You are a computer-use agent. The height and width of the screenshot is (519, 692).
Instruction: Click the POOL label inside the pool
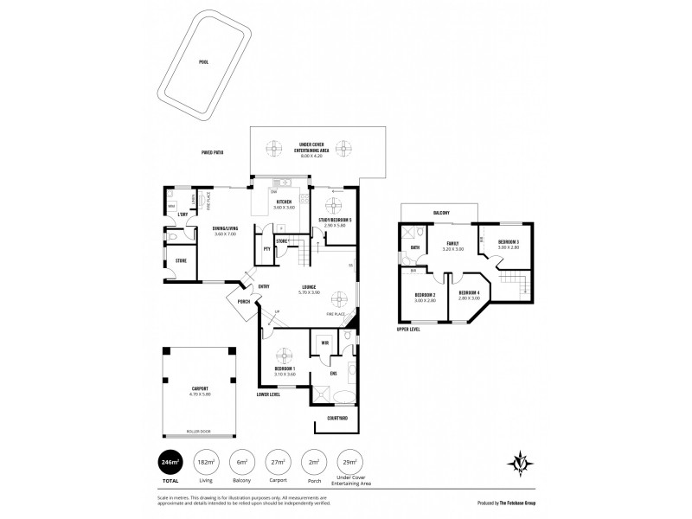[203, 62]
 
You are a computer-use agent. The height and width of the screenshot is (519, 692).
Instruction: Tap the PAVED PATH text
[212, 152]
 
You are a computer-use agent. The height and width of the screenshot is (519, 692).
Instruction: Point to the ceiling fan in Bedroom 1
[284, 354]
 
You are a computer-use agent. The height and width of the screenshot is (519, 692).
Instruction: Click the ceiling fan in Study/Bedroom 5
[333, 208]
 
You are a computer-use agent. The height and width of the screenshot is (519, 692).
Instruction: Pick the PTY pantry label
[267, 249]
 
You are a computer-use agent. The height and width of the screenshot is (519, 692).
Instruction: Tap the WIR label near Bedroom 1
[324, 343]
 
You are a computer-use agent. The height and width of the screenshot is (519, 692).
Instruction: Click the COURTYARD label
[337, 418]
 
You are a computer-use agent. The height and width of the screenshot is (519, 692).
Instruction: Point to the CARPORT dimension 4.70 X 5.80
[200, 394]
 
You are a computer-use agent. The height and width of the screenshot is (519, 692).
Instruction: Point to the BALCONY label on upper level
[440, 212]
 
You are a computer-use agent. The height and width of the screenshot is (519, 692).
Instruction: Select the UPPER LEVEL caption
[409, 330]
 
